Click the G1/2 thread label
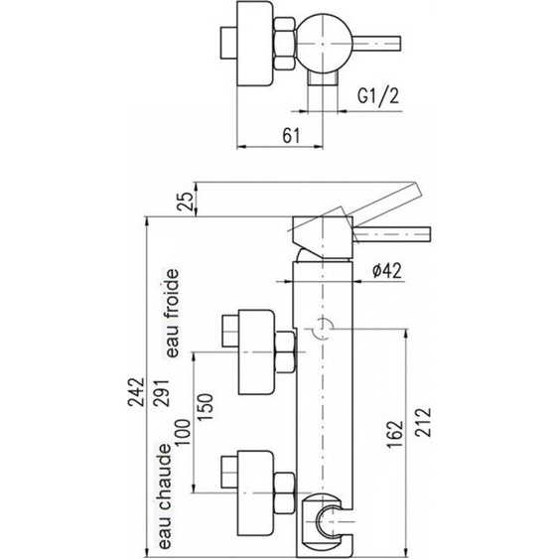pyautogui.click(x=378, y=95)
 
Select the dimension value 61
pyautogui.click(x=292, y=135)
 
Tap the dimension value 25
pyautogui.click(x=185, y=202)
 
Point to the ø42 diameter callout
pyautogui.click(x=387, y=271)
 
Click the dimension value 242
pyautogui.click(x=137, y=392)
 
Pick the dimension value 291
pyautogui.click(x=162, y=392)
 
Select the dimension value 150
pyautogui.click(x=205, y=407)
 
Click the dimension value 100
pyautogui.click(x=182, y=432)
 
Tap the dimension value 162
pyautogui.click(x=395, y=434)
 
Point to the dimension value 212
pyautogui.click(x=423, y=422)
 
